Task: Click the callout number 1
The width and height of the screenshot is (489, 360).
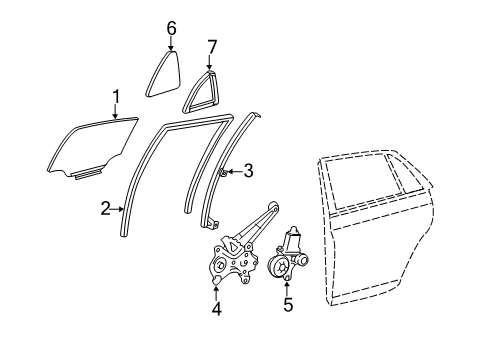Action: click(116, 96)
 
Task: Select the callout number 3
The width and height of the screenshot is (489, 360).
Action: click(249, 171)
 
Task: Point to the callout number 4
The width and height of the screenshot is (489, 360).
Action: click(217, 309)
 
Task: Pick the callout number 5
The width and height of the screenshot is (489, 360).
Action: click(287, 305)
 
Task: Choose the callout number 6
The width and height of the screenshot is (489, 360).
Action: click(171, 28)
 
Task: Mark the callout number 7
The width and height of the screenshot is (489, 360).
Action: click(211, 46)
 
